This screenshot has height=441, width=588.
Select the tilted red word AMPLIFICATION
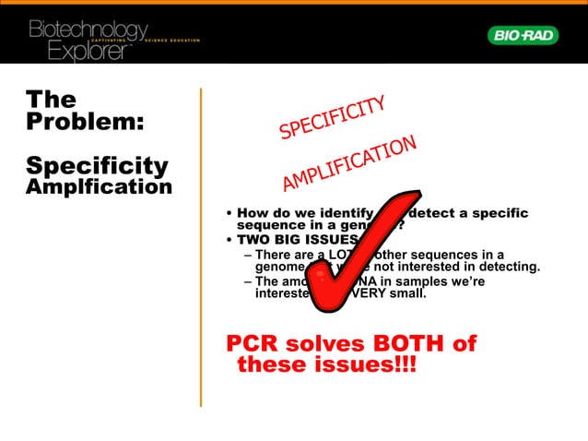tap(350, 165)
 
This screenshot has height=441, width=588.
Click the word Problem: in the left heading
tap(84, 122)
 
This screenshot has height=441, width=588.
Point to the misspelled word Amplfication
tap(99, 187)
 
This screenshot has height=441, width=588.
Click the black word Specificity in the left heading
tap(97, 166)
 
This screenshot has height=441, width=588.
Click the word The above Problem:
tap(51, 99)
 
